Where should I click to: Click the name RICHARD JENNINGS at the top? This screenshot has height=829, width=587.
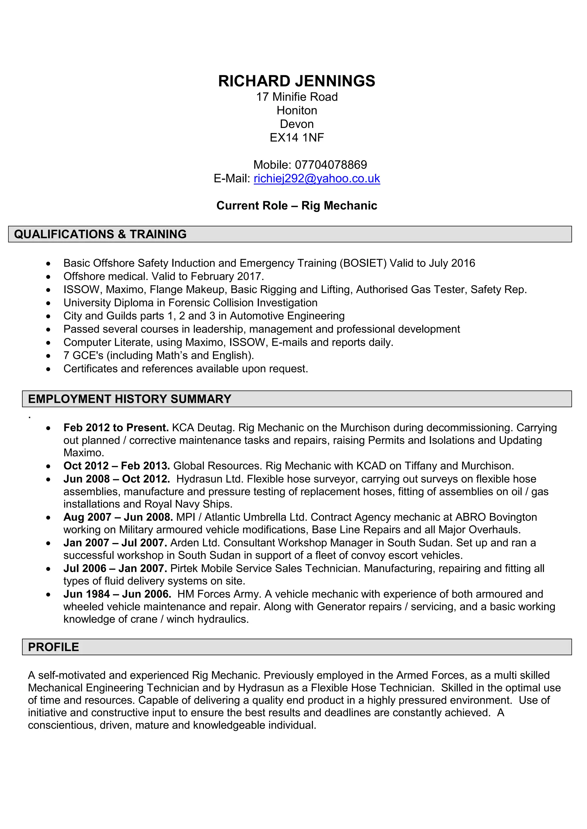pyautogui.click(x=296, y=81)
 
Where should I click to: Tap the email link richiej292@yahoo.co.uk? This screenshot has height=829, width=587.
pyautogui.click(x=317, y=178)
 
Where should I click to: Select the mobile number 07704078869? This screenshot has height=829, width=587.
pyautogui.click(x=331, y=165)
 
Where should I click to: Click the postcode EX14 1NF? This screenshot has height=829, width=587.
pyautogui.click(x=296, y=138)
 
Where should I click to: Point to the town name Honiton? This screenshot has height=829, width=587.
pyautogui.click(x=296, y=110)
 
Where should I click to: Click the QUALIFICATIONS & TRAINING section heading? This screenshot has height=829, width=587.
pyautogui.click(x=100, y=234)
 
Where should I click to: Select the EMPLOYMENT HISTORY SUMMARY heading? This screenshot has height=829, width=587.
pyautogui.click(x=129, y=399)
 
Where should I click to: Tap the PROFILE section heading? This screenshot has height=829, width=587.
pyautogui.click(x=54, y=647)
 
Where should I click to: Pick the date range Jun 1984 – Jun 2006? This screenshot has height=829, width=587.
pyautogui.click(x=117, y=594)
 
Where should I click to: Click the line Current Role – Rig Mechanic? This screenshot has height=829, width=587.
pyautogui.click(x=296, y=206)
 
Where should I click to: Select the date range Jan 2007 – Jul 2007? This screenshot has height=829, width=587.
pyautogui.click(x=115, y=543)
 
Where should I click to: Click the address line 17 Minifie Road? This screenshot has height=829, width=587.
pyautogui.click(x=296, y=97)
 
